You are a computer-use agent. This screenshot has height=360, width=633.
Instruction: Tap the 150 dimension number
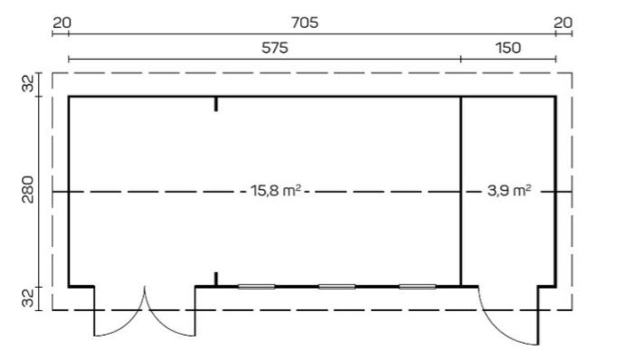tap(508, 49)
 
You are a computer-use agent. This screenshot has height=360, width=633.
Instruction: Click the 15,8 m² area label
tap(277, 191)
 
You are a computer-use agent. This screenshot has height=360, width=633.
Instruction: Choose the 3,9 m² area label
tap(508, 191)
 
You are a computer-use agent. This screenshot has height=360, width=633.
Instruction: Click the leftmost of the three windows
tap(257, 286)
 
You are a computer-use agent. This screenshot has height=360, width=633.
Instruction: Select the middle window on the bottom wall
tap(336, 286)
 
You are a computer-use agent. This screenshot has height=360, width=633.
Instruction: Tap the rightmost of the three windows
tap(417, 286)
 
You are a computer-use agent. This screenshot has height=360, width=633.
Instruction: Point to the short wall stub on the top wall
tap(216, 103)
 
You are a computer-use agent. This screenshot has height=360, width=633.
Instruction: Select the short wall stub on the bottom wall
tap(216, 279)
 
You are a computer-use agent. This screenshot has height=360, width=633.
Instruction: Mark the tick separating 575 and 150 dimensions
tap(461, 59)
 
